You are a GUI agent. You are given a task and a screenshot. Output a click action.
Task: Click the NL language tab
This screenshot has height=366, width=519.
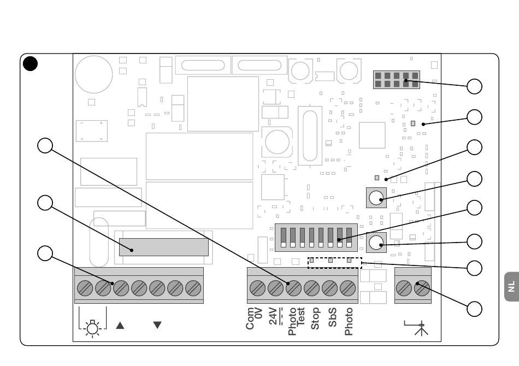[x=512, y=287]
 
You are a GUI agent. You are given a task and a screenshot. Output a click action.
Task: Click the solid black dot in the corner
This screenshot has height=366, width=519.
[x=30, y=63]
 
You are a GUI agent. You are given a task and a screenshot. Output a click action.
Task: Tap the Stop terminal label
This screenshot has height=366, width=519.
[x=315, y=318]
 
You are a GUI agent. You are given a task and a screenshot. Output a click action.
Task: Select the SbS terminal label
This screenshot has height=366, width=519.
[x=332, y=317]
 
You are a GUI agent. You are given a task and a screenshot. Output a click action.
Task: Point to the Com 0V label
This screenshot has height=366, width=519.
[x=254, y=318]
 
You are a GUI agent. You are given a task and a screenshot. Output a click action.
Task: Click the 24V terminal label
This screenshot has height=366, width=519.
[x=275, y=316]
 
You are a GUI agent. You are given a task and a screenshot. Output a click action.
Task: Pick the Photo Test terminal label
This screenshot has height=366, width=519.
[x=296, y=321]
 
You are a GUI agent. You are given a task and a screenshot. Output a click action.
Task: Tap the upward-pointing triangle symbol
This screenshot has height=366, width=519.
[x=120, y=325]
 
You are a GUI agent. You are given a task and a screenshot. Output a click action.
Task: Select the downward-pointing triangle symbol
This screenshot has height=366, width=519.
[x=157, y=325]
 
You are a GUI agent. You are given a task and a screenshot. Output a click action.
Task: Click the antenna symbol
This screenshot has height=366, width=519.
[x=418, y=328]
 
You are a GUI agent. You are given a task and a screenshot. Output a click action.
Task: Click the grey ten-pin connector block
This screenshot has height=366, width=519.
[x=397, y=80]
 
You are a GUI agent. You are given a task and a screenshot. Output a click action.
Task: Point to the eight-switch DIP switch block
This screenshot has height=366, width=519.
[x=316, y=238]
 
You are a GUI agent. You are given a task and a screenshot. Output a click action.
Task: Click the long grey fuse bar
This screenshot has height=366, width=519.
[x=164, y=247]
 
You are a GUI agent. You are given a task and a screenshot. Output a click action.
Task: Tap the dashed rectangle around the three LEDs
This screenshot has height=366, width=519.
[x=335, y=263]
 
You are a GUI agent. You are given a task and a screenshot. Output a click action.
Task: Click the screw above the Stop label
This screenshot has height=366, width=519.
[x=311, y=288]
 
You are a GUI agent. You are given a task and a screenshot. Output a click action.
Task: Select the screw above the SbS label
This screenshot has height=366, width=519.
[x=329, y=288]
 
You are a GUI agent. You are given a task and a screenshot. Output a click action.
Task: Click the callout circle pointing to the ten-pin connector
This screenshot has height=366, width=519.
[x=474, y=86]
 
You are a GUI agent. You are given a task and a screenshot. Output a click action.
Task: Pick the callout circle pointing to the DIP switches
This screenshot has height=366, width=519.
[x=474, y=208]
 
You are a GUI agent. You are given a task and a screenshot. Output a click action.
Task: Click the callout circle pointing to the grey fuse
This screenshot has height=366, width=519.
[x=45, y=203]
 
